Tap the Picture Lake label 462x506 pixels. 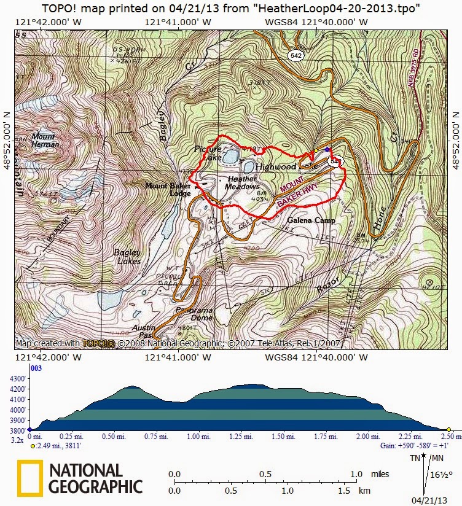click(208, 154)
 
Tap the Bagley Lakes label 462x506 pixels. click(127, 257)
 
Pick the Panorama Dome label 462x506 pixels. click(194, 314)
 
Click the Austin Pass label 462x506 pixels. click(144, 332)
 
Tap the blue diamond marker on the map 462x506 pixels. click(327, 149)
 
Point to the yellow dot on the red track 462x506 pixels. click(316, 150)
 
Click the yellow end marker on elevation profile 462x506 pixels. click(449, 430)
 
